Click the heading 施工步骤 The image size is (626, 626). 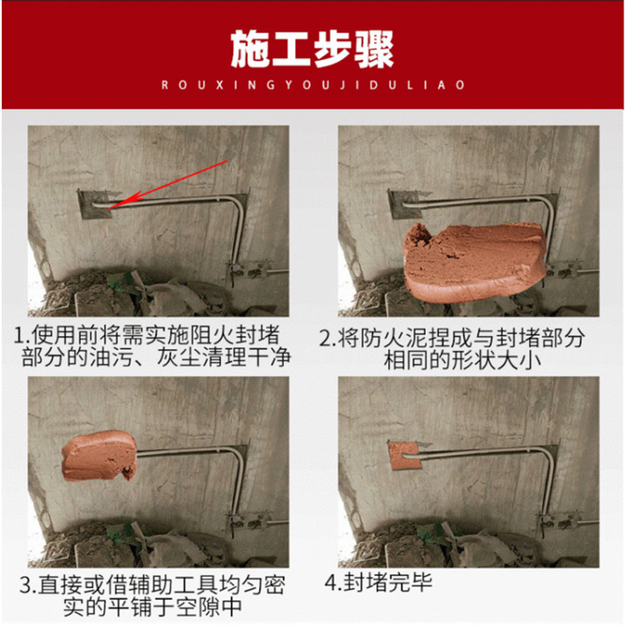click(312, 50)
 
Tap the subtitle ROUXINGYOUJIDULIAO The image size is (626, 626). click(313, 85)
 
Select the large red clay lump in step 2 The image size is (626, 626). click(473, 261)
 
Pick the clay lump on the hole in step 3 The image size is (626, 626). click(99, 456)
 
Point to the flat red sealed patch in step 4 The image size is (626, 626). click(403, 456)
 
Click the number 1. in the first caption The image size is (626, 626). click(22, 336)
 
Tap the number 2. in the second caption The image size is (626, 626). click(328, 339)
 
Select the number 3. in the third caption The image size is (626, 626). click(28, 586)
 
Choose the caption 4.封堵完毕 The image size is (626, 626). click(378, 582)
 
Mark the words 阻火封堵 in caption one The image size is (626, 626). click(235, 336)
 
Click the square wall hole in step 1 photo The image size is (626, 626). click(95, 204)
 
